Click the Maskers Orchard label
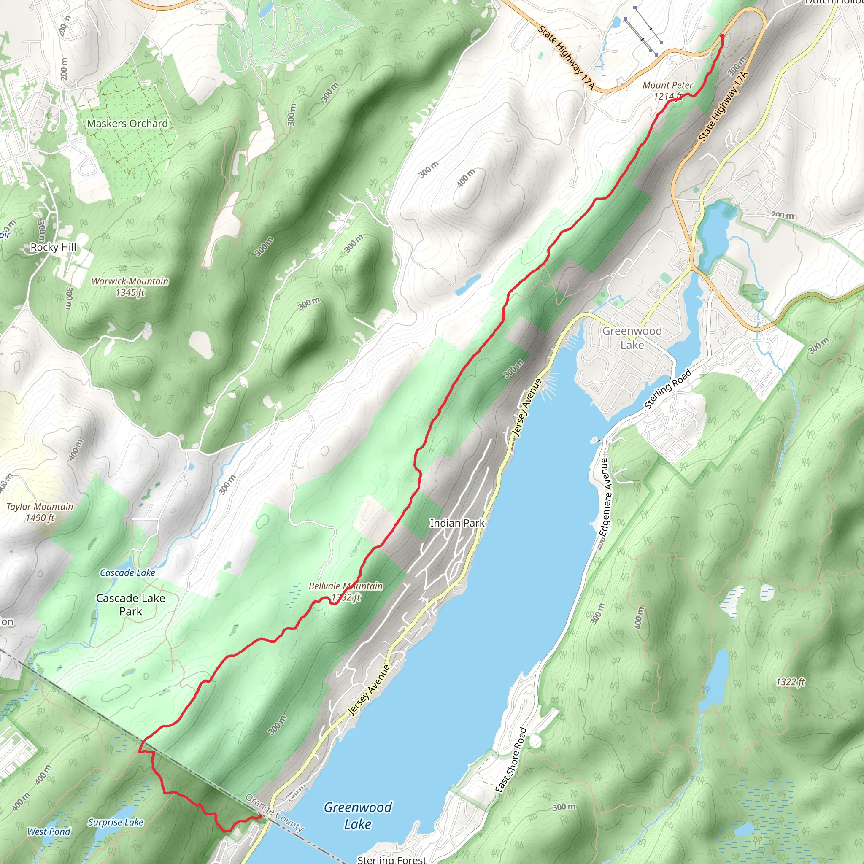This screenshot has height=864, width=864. pyautogui.click(x=127, y=124)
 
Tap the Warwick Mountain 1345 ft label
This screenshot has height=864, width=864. pyautogui.click(x=130, y=286)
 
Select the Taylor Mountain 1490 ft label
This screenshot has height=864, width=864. pyautogui.click(x=40, y=512)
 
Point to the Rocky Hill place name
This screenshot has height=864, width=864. pyautogui.click(x=53, y=247)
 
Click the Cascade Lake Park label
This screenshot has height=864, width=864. pyautogui.click(x=131, y=605)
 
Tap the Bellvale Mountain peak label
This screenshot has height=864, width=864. pyautogui.click(x=346, y=591)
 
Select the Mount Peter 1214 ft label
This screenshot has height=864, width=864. pyautogui.click(x=668, y=90)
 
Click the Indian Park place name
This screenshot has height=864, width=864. pyautogui.click(x=457, y=523)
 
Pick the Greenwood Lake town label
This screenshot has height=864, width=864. pyautogui.click(x=632, y=337)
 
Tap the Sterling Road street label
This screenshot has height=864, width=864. pyautogui.click(x=668, y=389)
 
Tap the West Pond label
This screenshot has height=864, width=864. pyautogui.click(x=49, y=832)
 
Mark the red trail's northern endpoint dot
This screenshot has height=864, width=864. pyautogui.click(x=722, y=35)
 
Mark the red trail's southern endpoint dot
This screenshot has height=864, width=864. pyautogui.click(x=260, y=817)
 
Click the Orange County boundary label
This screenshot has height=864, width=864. pyautogui.click(x=275, y=813)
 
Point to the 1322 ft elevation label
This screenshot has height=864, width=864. pyautogui.click(x=790, y=682)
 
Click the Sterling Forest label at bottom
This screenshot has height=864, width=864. pyautogui.click(x=392, y=859)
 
